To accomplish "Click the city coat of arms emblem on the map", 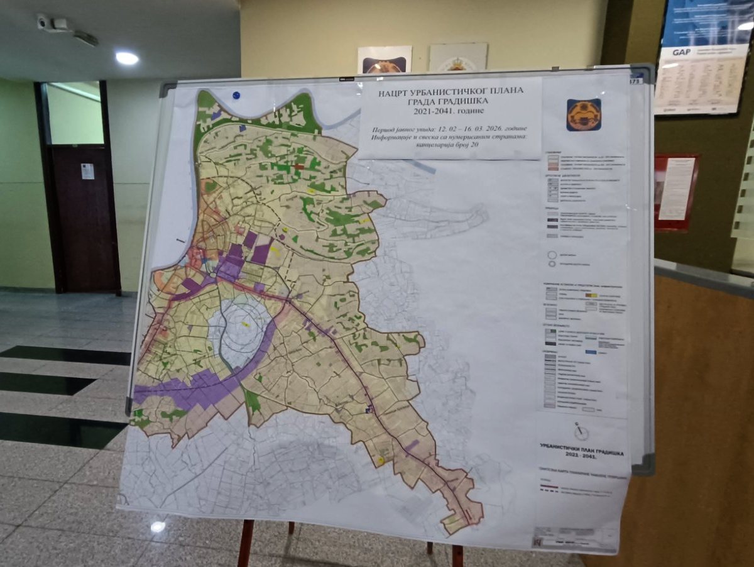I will click(x=584, y=115).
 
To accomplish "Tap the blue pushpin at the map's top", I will click(x=236, y=96).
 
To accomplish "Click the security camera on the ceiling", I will click(x=44, y=22).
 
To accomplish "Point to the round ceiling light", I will click(x=127, y=58).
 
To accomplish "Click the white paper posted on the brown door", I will click(x=87, y=171).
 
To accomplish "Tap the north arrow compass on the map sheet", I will click(x=581, y=431).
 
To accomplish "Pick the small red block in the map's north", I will click(x=299, y=167).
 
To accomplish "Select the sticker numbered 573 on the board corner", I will click(x=635, y=80).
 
